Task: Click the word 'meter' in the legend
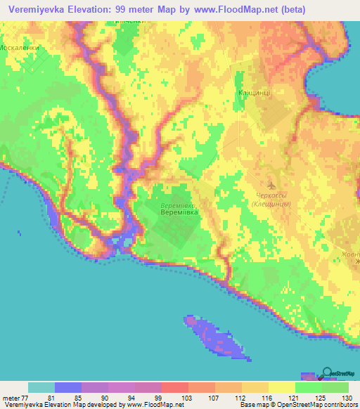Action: [11, 397]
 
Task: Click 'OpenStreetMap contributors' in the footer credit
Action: [323, 405]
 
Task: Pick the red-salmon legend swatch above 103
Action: [175, 387]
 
